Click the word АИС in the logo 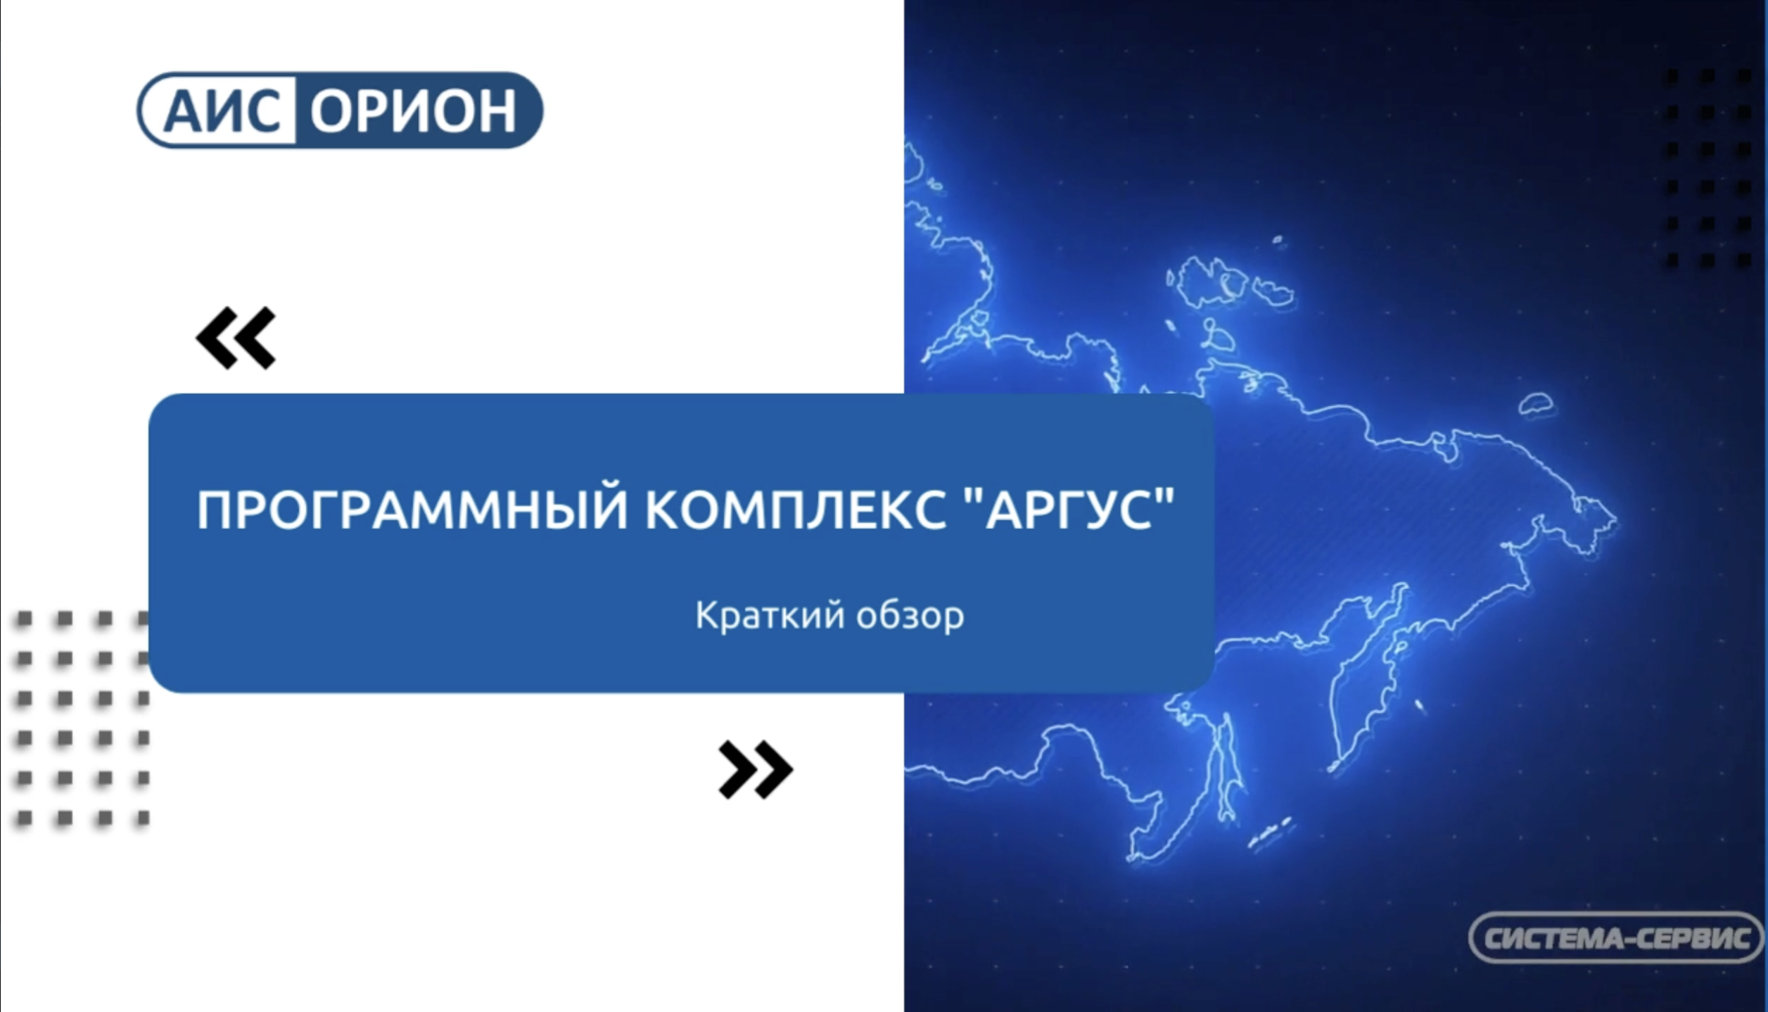(x=221, y=111)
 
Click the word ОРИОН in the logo (x=414, y=111)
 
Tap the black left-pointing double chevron (x=236, y=338)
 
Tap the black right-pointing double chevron (x=755, y=769)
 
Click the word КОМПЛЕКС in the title (x=795, y=510)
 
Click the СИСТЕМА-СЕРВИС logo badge (x=1615, y=937)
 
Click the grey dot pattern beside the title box (x=83, y=718)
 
